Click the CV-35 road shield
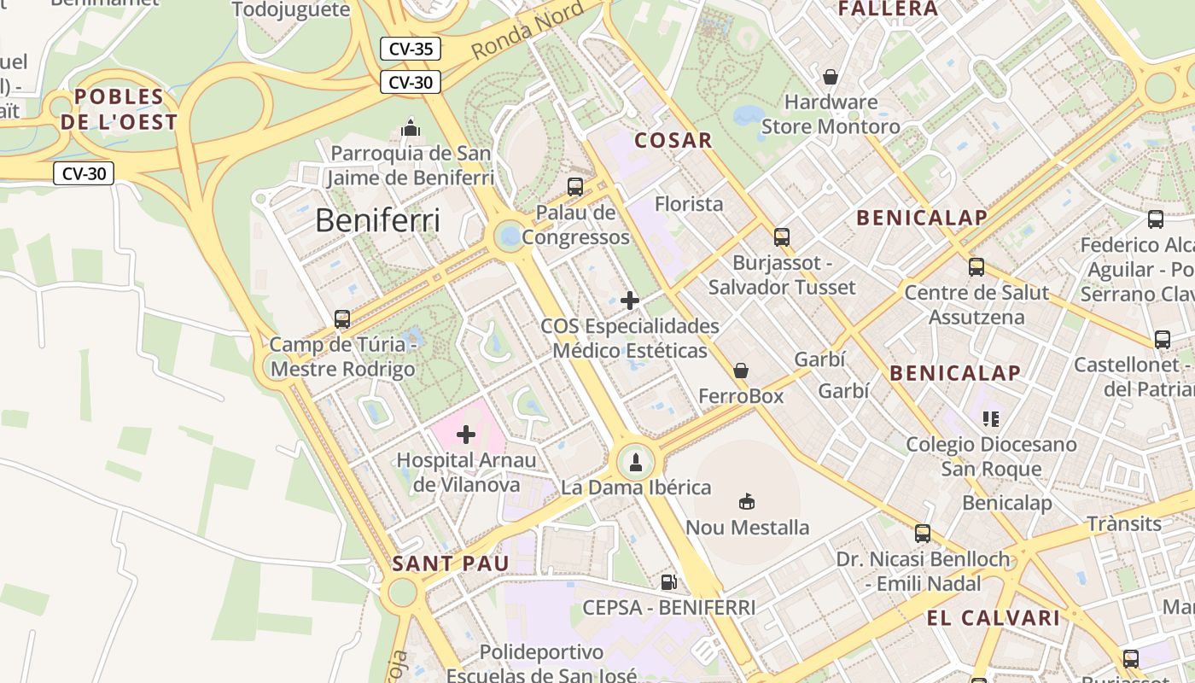[411, 49]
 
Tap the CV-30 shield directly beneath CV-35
[411, 82]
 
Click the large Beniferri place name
[377, 221]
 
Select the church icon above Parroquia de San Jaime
[411, 129]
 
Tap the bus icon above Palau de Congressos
[575, 186]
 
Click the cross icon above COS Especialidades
[630, 301]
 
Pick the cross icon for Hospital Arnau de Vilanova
[466, 435]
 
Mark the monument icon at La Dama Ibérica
[635, 462]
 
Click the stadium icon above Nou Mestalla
[747, 501]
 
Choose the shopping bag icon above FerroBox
[741, 371]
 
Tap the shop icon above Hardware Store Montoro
[831, 77]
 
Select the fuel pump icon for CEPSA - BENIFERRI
[669, 582]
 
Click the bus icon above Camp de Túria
[342, 319]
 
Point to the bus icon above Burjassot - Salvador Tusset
[782, 236]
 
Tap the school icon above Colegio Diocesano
[991, 418]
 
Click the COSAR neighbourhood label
[673, 141]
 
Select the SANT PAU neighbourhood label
[450, 563]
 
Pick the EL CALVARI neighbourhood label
[994, 618]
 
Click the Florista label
[689, 204]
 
